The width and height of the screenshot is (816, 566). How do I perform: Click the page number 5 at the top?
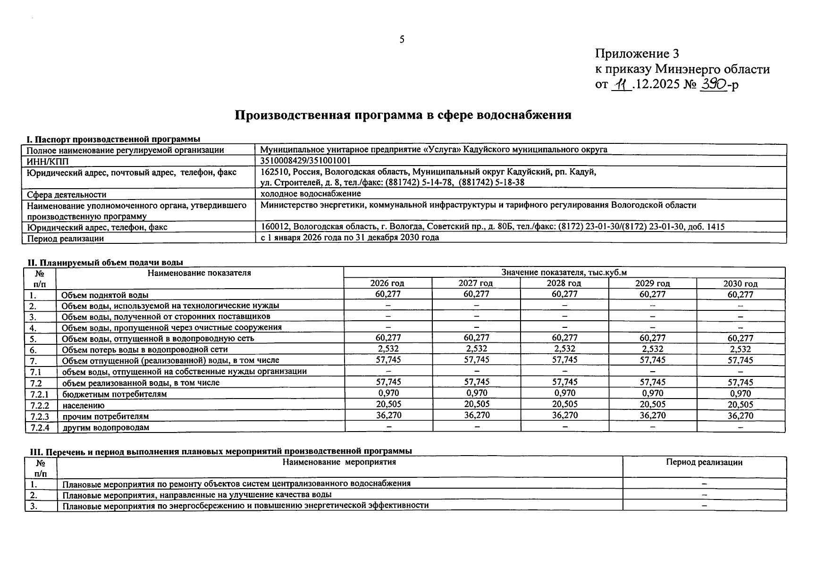402,40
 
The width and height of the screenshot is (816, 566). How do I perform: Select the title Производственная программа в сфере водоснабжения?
403,115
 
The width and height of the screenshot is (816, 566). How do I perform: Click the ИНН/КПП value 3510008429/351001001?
305,161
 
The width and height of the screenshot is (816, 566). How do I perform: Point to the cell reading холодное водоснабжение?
311,194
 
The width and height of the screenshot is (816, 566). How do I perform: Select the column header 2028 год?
564,283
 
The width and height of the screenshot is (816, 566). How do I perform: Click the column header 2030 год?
740,283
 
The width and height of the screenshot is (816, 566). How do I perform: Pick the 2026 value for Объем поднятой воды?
388,294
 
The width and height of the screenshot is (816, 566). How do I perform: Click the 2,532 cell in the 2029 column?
652,349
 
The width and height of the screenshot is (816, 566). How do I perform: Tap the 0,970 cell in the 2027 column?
476,393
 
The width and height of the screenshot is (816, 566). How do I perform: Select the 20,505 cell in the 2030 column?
740,404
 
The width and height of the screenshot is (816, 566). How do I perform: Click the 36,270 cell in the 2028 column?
564,415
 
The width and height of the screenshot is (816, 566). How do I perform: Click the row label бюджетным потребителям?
114,394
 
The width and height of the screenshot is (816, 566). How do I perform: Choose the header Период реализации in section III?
704,462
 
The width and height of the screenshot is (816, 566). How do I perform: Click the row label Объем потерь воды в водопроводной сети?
144,350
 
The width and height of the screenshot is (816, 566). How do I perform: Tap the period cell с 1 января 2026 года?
350,238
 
